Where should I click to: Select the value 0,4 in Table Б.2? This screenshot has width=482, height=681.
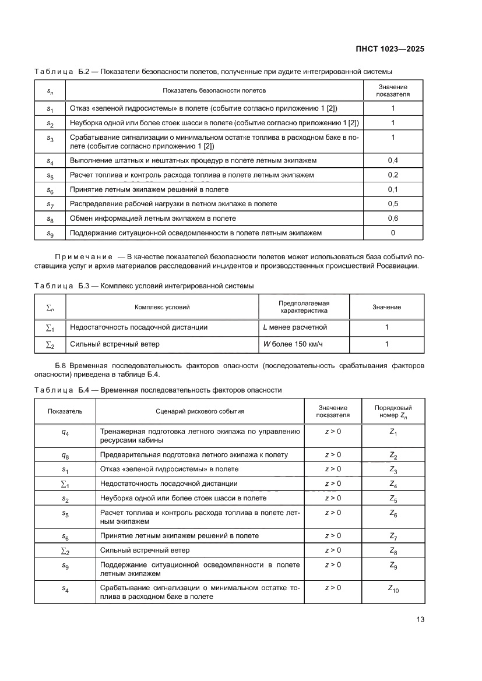click(393, 160)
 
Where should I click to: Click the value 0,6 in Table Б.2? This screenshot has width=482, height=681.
click(393, 218)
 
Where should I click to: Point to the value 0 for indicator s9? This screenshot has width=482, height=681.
click(393, 233)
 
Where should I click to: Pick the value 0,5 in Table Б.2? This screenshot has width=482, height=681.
click(393, 204)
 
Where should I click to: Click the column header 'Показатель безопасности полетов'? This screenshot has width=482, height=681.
click(214, 91)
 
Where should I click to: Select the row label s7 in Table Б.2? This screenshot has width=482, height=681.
click(50, 204)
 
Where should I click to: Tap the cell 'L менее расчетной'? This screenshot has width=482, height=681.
click(295, 327)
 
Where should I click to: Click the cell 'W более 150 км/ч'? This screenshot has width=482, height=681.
click(293, 344)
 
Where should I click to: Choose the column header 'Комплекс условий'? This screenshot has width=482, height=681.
click(162, 307)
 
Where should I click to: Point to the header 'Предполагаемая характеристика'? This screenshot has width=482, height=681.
click(304, 307)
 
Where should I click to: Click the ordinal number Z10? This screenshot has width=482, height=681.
click(393, 590)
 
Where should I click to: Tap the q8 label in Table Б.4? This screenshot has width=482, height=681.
click(65, 455)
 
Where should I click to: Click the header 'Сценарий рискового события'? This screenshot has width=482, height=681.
click(200, 411)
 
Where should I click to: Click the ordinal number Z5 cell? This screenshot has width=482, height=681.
click(393, 499)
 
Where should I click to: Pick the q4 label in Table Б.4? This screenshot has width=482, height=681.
click(65, 432)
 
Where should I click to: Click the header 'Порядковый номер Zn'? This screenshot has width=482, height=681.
click(393, 412)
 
